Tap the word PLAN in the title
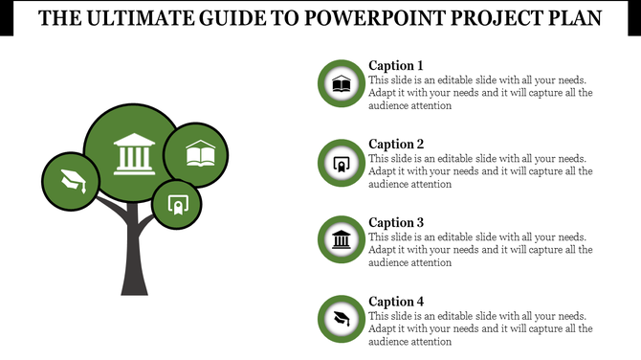574,19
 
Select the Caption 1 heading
396,65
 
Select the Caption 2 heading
396,144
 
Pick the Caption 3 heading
396,222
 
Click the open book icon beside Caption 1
341,85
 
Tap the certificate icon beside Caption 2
341,164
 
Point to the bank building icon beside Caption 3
341,239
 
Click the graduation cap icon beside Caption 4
341,318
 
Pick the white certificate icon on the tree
176,204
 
